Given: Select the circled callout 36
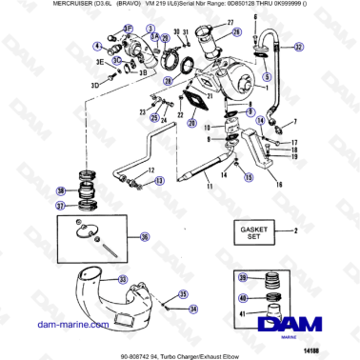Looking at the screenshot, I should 144,237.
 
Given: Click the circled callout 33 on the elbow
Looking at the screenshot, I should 122,279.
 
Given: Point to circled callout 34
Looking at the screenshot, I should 193,309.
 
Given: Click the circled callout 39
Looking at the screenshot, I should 243,277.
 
